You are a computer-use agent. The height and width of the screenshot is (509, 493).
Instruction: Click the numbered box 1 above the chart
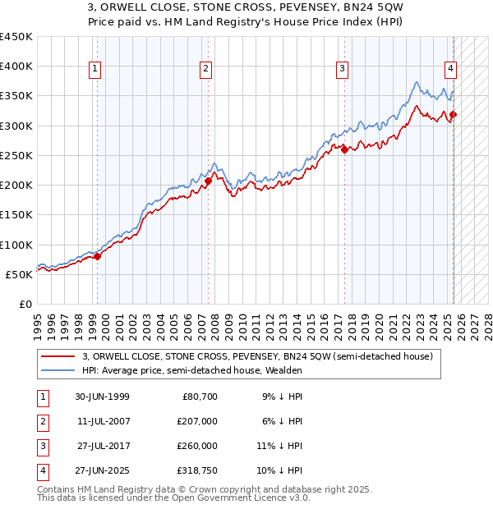coord(96,69)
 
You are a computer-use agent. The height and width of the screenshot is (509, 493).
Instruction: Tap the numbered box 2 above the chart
coord(205,69)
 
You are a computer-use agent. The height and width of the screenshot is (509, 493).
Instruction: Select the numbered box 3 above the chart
coord(342,69)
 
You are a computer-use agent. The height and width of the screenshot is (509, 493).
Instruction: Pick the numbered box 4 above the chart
coord(451,69)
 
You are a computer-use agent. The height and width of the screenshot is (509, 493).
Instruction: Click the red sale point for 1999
coord(97,256)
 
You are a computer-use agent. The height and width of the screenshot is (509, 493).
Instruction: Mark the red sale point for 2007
coord(208,181)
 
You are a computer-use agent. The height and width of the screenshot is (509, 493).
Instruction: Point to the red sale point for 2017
coord(344,149)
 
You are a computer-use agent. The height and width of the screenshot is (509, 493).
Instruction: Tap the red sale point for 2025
coord(453,115)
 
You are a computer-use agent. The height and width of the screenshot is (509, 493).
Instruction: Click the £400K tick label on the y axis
coord(16,66)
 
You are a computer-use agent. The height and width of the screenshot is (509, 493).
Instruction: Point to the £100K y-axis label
coord(16,245)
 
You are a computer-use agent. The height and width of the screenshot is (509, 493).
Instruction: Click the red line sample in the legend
coord(58,356)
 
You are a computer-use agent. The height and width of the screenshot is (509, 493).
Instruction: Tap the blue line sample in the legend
coord(58,370)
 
